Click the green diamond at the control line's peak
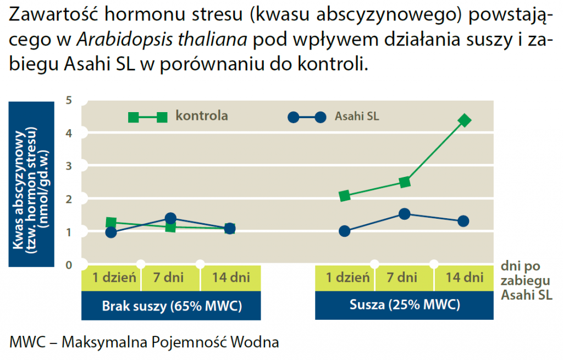(465, 120)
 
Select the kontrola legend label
(202, 115)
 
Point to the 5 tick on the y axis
(69, 100)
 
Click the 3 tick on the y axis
(69, 166)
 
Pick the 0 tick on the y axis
(69, 265)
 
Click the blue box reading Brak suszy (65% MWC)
(172, 306)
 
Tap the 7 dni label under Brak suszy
(171, 277)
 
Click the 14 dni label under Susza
(465, 277)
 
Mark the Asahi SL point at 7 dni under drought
(405, 214)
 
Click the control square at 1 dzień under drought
(345, 196)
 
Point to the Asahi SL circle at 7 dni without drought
(170, 218)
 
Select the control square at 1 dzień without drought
(111, 223)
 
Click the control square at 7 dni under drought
(405, 182)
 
